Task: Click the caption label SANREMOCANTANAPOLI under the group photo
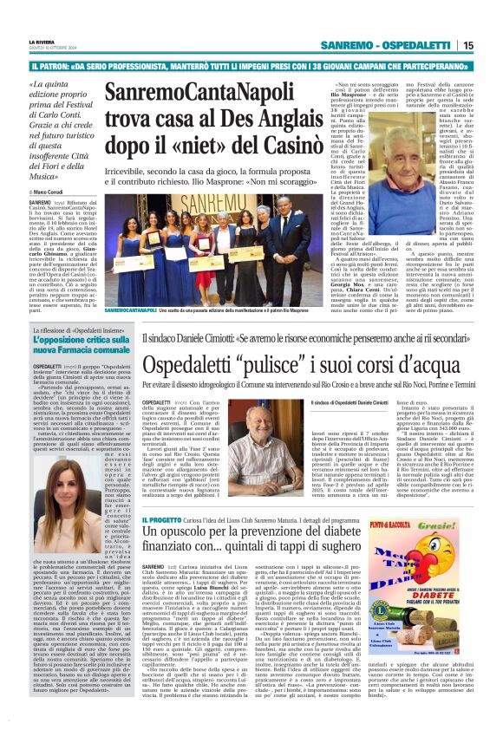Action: [129, 310]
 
